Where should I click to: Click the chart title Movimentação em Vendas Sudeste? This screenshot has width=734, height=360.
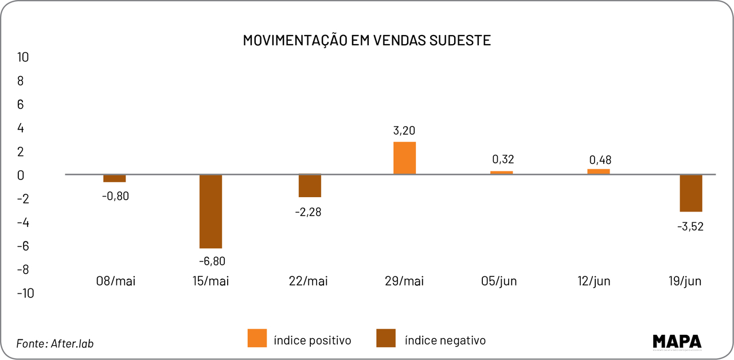[x=366, y=40]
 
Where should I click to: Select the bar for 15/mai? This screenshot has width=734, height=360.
[x=210, y=211]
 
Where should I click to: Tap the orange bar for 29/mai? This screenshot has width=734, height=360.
[x=404, y=158]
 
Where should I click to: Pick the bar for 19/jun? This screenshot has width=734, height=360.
[x=690, y=193]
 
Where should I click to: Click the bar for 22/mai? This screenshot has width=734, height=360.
[x=310, y=186]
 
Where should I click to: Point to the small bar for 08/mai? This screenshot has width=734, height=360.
[x=114, y=178]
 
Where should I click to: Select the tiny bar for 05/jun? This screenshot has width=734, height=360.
[x=501, y=172]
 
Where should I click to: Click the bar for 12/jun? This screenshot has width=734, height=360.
[x=598, y=171]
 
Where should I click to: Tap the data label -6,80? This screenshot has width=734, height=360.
[x=212, y=261]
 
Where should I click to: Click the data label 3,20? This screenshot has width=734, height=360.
[x=404, y=131]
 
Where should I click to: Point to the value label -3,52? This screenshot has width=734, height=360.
[x=690, y=226]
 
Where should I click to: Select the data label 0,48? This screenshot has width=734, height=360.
[x=600, y=160]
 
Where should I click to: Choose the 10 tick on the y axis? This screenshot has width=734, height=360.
[x=23, y=57]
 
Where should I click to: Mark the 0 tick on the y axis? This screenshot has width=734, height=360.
[x=21, y=175]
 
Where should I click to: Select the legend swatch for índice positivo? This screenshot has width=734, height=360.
[x=257, y=338]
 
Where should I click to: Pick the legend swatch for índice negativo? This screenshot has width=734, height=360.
[x=386, y=338]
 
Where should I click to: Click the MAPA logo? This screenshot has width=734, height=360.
[x=677, y=342]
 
